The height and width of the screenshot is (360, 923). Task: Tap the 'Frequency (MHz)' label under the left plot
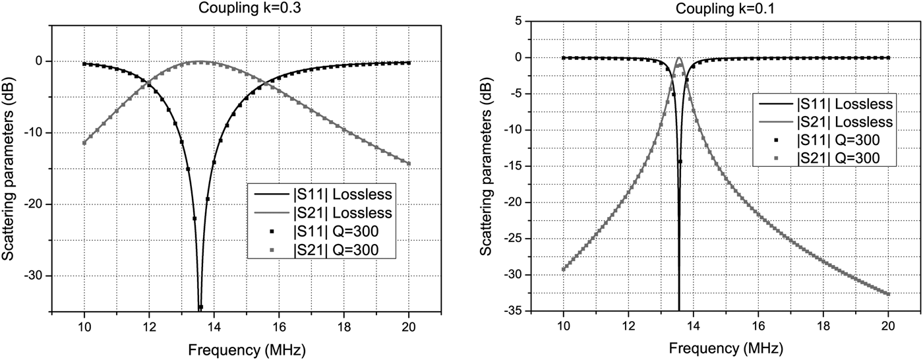[246, 348]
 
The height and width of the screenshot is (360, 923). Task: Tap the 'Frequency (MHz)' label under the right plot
[725, 348]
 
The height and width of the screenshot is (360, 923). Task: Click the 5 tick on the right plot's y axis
[516, 22]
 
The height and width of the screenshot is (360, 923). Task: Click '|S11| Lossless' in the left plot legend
[343, 195]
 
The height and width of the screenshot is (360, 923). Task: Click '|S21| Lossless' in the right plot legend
[845, 122]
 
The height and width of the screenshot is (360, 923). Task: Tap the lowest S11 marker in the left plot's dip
[200, 307]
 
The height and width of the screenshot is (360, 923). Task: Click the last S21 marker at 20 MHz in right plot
[888, 294]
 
